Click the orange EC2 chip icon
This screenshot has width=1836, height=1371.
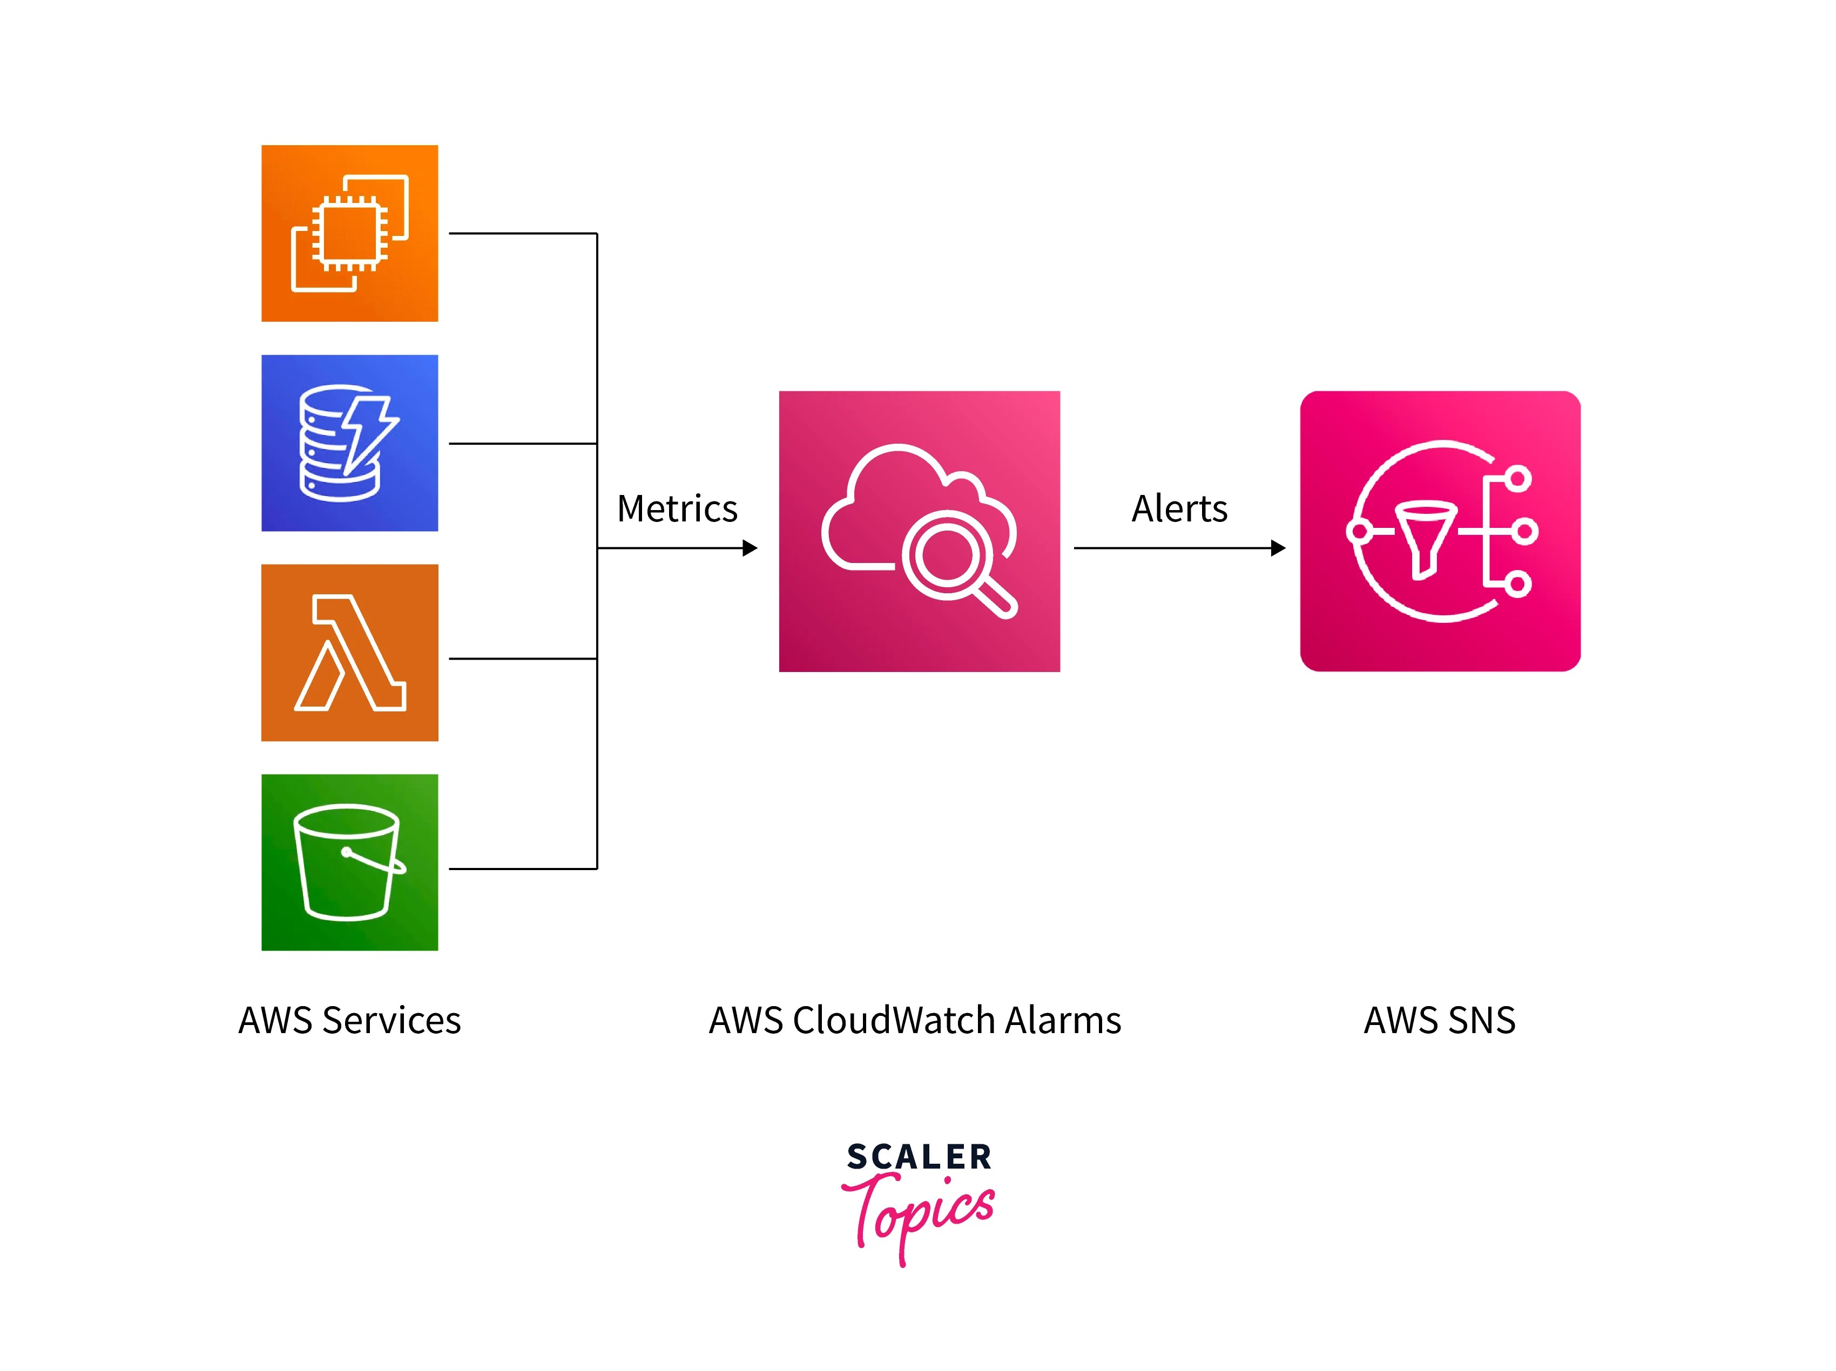tap(349, 233)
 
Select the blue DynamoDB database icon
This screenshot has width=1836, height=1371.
tap(349, 443)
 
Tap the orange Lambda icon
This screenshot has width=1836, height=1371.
tap(349, 653)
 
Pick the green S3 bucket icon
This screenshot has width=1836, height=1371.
tap(349, 862)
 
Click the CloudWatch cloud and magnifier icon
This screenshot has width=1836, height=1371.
tap(919, 531)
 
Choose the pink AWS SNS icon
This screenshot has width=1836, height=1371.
tap(1440, 531)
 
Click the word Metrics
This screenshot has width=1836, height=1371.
tap(677, 509)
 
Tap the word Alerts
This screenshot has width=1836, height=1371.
tap(1179, 509)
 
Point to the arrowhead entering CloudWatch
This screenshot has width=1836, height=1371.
tap(751, 548)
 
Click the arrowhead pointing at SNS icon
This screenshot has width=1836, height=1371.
tap(1278, 548)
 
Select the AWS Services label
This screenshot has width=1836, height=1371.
tap(349, 1020)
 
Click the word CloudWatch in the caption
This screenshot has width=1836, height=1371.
tap(894, 1020)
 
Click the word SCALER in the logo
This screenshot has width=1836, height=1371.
tap(919, 1157)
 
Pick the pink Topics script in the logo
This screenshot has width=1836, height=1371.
tap(919, 1212)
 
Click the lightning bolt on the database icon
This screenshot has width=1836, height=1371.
tap(369, 432)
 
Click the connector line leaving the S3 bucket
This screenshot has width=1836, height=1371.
tap(523, 869)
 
